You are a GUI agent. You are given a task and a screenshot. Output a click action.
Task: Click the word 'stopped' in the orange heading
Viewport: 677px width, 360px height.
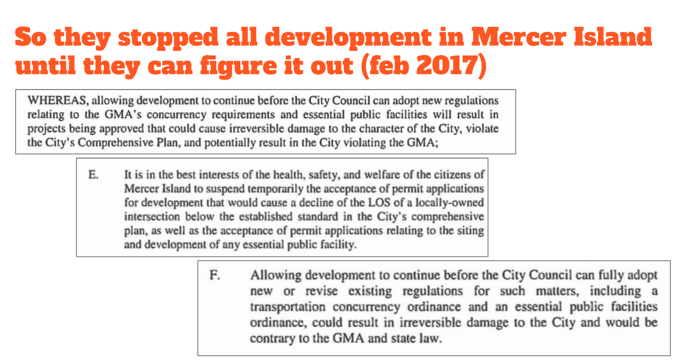(x=168, y=37)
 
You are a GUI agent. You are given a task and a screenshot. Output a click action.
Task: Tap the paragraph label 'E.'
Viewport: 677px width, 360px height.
(x=94, y=175)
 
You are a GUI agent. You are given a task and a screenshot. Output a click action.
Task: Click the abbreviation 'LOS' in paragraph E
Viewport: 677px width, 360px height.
(x=379, y=203)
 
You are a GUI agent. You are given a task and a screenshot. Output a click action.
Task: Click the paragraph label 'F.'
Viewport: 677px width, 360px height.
(x=215, y=275)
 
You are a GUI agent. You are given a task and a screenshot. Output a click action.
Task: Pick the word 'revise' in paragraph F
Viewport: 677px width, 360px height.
(x=322, y=291)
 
